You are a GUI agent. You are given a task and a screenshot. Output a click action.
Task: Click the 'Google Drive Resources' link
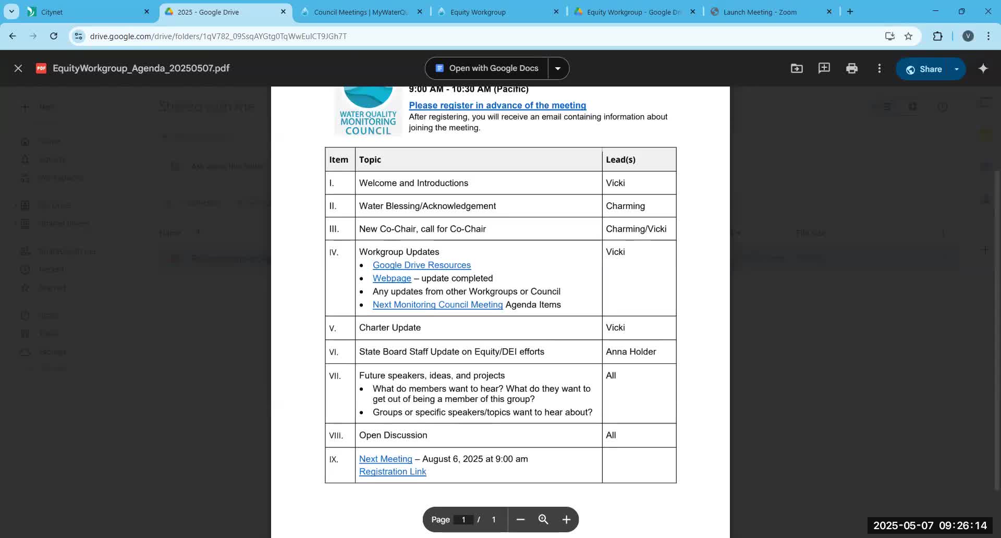tap(421, 265)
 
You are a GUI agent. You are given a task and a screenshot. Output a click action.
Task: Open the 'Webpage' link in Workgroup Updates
tap(392, 278)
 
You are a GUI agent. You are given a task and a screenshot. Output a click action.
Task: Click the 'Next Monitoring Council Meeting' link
tap(437, 305)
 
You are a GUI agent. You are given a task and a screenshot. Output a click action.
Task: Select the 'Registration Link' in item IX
tap(393, 472)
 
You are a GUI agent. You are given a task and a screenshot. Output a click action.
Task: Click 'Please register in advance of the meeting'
tap(497, 105)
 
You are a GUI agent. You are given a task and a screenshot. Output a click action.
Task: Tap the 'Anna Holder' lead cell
tap(631, 352)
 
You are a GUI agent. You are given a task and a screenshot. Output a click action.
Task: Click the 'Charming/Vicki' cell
tap(636, 229)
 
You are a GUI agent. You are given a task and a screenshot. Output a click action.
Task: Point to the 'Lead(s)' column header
tap(620, 160)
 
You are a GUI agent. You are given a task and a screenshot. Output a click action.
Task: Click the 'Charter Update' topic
tap(390, 328)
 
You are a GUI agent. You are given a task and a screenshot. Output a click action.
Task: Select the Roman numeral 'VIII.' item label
tap(336, 436)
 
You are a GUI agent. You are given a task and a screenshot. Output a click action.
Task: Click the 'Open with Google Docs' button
tap(487, 68)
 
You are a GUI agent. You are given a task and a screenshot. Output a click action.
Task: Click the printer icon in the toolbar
tap(851, 68)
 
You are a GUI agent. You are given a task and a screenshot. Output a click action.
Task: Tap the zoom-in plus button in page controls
tap(566, 520)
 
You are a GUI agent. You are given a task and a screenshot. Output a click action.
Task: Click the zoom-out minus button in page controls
tap(520, 520)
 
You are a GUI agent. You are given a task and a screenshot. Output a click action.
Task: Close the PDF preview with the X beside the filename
tap(18, 68)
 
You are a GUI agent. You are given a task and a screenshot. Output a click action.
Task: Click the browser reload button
tap(54, 36)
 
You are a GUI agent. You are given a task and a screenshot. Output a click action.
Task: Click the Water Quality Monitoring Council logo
tap(368, 111)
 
